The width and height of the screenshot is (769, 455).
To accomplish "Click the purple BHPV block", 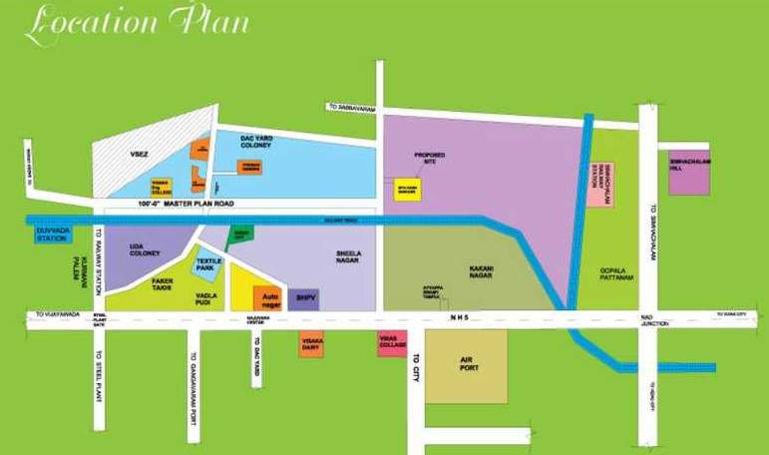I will [x=302, y=296].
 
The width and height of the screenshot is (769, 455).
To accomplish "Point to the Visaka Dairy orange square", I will [x=311, y=344].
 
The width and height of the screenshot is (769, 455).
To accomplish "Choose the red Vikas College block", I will [x=390, y=343].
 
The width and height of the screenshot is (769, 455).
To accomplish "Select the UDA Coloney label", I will [x=145, y=249].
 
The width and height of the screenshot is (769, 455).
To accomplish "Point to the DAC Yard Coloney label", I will [x=263, y=144].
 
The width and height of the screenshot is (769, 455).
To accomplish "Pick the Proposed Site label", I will [x=430, y=158].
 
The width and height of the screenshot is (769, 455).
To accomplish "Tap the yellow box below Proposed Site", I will [x=407, y=188].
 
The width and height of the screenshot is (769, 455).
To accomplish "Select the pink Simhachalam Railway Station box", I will [x=599, y=180].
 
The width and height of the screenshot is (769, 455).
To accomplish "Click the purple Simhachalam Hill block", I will [x=689, y=167].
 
